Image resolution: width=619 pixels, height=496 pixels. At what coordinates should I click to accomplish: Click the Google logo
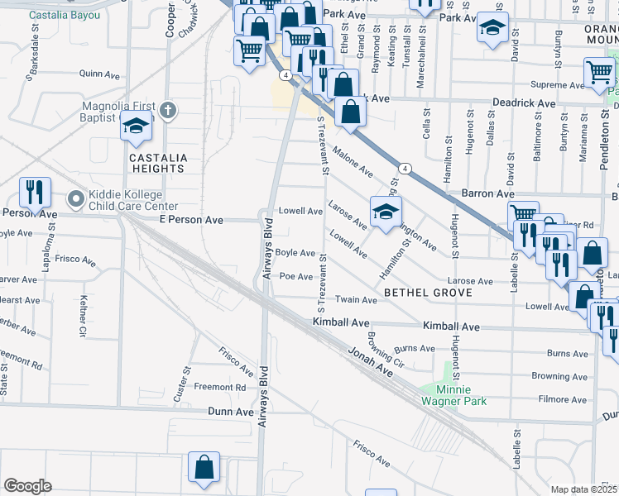(x=27, y=486)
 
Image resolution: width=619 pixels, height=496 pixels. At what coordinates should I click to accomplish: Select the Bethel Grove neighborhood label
(x=428, y=293)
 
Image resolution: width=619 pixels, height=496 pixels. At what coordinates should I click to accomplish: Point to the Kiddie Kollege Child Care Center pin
(x=75, y=198)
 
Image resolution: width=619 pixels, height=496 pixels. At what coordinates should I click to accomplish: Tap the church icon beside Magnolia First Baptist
(x=168, y=110)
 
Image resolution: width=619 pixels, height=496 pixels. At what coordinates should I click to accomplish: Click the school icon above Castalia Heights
(x=137, y=126)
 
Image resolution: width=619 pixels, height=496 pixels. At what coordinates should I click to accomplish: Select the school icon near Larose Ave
(x=385, y=212)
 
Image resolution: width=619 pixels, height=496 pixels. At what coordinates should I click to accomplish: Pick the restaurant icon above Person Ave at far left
(x=35, y=192)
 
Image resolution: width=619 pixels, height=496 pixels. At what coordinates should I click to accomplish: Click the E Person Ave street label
(x=191, y=221)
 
